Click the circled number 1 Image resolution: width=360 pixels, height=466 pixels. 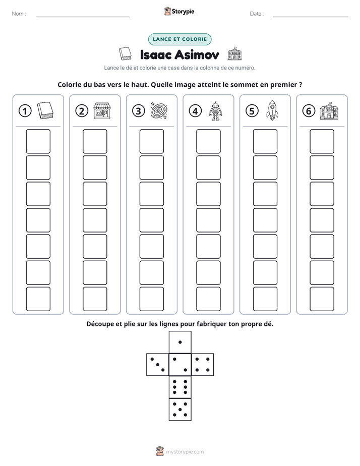[x=25, y=111]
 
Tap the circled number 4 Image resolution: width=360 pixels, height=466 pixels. [x=195, y=111]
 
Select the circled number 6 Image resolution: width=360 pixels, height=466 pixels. [x=309, y=111]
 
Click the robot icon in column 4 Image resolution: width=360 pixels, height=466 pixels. [x=215, y=111]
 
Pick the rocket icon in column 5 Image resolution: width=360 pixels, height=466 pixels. [x=272, y=110]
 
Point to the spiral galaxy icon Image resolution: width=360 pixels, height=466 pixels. [x=159, y=111]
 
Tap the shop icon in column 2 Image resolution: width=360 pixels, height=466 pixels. [x=102, y=111]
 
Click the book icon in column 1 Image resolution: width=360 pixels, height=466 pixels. [x=45, y=110]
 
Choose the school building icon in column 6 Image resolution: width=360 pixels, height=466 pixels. [x=329, y=111]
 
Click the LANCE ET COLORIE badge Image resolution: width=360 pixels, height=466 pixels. [x=179, y=39]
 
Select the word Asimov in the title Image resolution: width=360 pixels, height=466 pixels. [x=197, y=54]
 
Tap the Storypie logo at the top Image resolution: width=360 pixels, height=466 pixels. [x=179, y=12]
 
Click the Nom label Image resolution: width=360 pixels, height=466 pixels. [x=19, y=14]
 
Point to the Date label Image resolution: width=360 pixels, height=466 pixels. [x=257, y=14]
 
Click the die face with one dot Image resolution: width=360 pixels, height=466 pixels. [x=180, y=342]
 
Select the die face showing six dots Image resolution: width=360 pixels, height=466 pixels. [x=180, y=387]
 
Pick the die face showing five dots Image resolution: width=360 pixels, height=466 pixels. [x=180, y=410]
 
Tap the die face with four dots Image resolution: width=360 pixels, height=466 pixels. [x=203, y=365]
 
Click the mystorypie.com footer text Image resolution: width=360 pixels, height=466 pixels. [x=185, y=452]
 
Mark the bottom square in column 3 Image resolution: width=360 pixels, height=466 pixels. [x=151, y=299]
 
